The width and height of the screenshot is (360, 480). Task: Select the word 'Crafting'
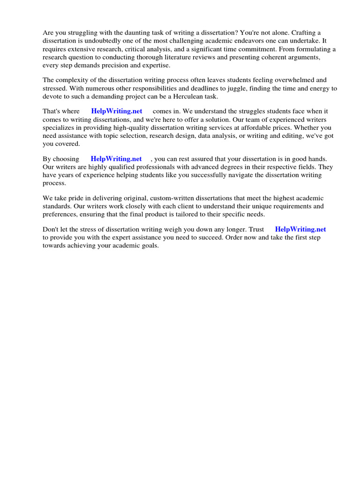pyautogui.click(x=304, y=32)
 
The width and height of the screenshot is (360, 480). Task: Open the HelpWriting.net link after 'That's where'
pyautogui.click(x=117, y=111)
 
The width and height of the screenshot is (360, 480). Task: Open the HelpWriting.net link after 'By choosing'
pyautogui.click(x=116, y=159)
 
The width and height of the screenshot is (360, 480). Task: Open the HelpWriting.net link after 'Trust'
pyautogui.click(x=300, y=229)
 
